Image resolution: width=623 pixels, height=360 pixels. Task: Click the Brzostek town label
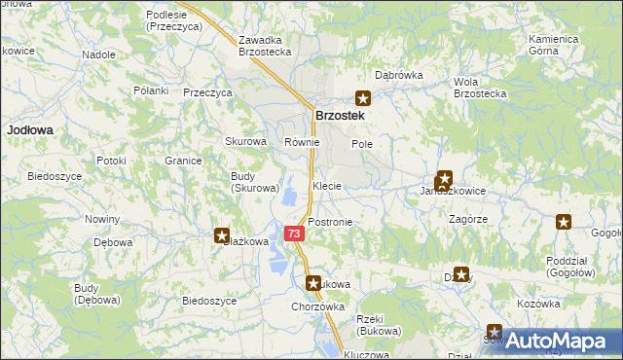pyautogui.click(x=339, y=116)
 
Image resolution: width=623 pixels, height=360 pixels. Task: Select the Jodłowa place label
pyautogui.click(x=29, y=128)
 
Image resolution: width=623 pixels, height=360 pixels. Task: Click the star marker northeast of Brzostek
pyautogui.click(x=363, y=97)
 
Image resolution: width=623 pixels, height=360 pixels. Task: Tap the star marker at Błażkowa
pyautogui.click(x=222, y=234)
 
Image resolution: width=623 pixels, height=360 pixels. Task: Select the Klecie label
pyautogui.click(x=327, y=185)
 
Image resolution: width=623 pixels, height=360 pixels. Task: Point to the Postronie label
pyautogui.click(x=330, y=222)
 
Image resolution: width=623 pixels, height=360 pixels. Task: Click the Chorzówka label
pyautogui.click(x=318, y=306)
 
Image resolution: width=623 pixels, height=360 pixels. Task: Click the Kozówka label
pyautogui.click(x=539, y=305)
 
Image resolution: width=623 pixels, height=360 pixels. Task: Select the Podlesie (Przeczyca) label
pyautogui.click(x=173, y=21)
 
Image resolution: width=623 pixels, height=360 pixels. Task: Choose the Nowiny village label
pyautogui.click(x=102, y=219)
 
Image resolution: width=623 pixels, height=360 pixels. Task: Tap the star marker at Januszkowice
pyautogui.click(x=444, y=179)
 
